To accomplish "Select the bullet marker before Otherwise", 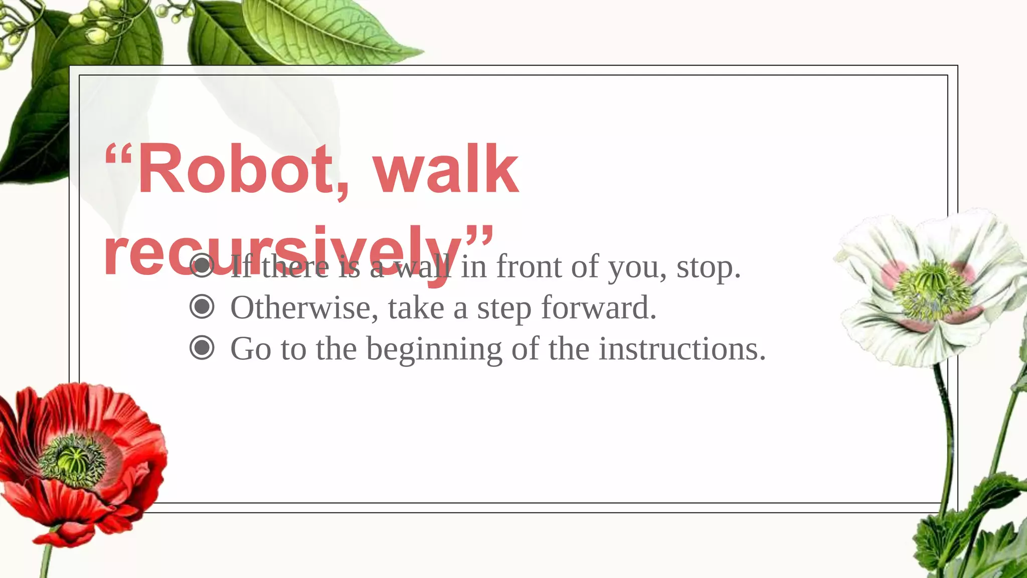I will tap(202, 307).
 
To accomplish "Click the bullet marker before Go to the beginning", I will tap(202, 348).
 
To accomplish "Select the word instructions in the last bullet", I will tap(682, 348).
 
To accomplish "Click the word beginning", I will tap(434, 349).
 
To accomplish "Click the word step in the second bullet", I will tap(504, 308).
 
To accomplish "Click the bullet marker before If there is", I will tap(202, 266).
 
